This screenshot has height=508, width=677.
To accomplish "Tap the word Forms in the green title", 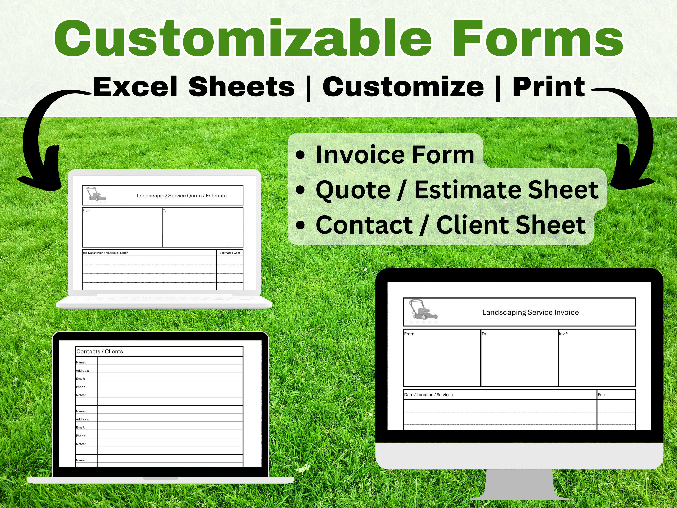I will (x=537, y=38).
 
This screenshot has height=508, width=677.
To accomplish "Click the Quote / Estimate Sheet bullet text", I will (x=457, y=190).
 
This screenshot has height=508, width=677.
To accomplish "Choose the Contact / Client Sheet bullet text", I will (x=451, y=225).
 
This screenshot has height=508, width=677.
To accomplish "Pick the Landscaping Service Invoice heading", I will (x=530, y=312).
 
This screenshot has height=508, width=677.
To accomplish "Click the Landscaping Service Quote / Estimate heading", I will (x=182, y=196).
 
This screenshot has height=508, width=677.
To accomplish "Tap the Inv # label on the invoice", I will (x=563, y=334).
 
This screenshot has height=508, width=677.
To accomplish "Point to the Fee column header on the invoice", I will (x=601, y=395).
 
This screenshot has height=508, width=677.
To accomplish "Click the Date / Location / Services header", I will (x=428, y=395).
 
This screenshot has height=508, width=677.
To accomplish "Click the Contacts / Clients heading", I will (x=100, y=351).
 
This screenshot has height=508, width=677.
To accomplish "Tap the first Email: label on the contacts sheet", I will (x=80, y=379).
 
